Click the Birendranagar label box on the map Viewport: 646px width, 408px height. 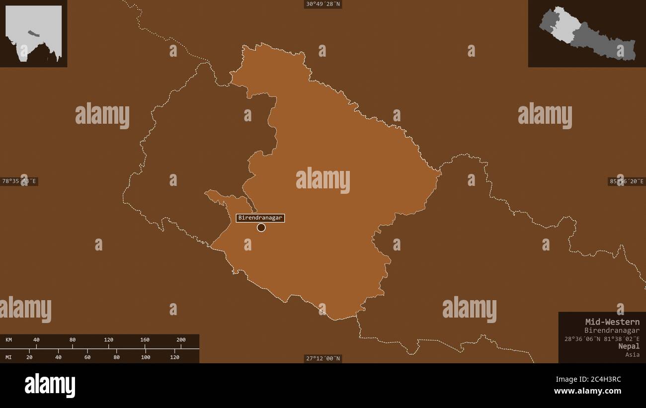260,218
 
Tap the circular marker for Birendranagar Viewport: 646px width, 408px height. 261,228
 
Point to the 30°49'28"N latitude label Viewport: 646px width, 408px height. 323,4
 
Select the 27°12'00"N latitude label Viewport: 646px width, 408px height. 323,358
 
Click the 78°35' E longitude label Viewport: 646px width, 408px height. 19,181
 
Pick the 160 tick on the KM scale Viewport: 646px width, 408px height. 145,340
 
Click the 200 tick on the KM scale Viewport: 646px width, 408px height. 181,340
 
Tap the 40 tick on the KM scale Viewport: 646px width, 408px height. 36,340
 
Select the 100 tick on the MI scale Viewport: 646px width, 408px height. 145,357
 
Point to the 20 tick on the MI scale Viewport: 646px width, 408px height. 29,357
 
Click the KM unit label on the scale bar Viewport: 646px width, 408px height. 9,340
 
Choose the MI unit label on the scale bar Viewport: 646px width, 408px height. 9,357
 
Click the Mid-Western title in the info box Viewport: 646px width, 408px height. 612,322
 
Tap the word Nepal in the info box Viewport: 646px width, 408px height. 629,346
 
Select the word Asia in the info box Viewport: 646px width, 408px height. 633,354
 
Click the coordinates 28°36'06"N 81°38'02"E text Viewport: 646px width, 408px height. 602,338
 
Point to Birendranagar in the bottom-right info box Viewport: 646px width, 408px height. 612,330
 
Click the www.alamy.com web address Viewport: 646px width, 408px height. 587,391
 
